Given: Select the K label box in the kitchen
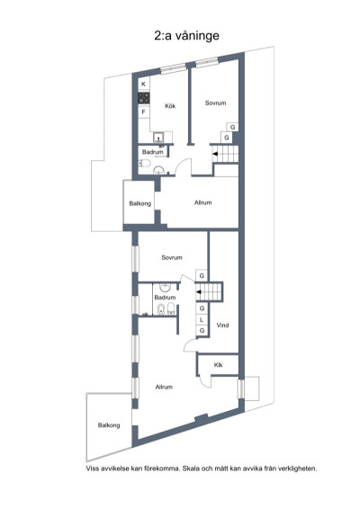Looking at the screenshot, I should point(143,84).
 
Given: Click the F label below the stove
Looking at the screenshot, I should point(143,112).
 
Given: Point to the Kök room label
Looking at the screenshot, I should point(169,106).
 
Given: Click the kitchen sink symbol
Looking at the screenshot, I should point(158,137).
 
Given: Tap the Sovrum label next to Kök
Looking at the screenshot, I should point(214,103).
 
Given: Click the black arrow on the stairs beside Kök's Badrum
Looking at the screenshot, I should point(214,156).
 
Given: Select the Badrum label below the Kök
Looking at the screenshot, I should point(152,153).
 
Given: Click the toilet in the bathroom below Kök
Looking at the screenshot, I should point(158,167).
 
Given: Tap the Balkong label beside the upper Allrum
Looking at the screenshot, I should point(139,203).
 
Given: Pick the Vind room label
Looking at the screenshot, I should point(223,326).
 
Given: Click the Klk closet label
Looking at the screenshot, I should point(218,365).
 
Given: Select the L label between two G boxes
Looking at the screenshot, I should point(202,319).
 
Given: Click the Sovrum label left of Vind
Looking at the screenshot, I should point(172,257).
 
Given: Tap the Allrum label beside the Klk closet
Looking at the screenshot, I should point(164,387).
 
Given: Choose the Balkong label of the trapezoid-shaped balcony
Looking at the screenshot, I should point(109,424).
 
